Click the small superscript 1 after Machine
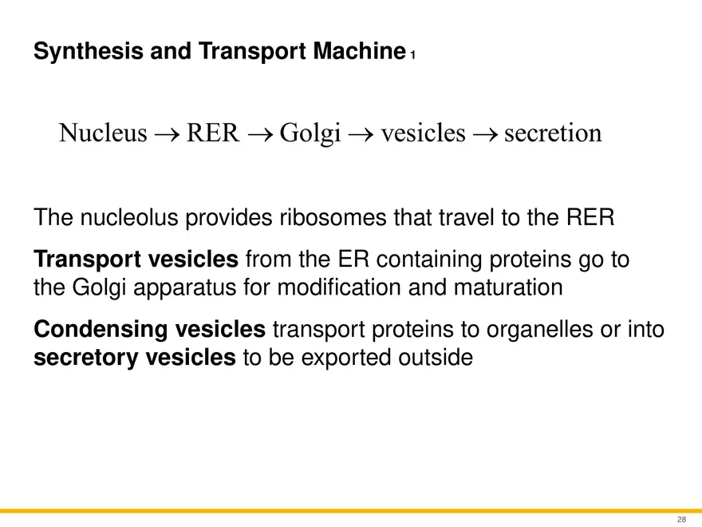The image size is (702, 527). pyautogui.click(x=412, y=57)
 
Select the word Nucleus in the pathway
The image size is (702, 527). pyautogui.click(x=103, y=133)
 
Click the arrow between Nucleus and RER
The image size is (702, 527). pyautogui.click(x=167, y=134)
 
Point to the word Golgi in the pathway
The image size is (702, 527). pyautogui.click(x=312, y=133)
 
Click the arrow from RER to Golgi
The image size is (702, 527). pyautogui.click(x=260, y=134)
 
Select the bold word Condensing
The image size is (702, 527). pyautogui.click(x=93, y=328)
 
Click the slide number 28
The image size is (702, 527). pyautogui.click(x=681, y=520)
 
